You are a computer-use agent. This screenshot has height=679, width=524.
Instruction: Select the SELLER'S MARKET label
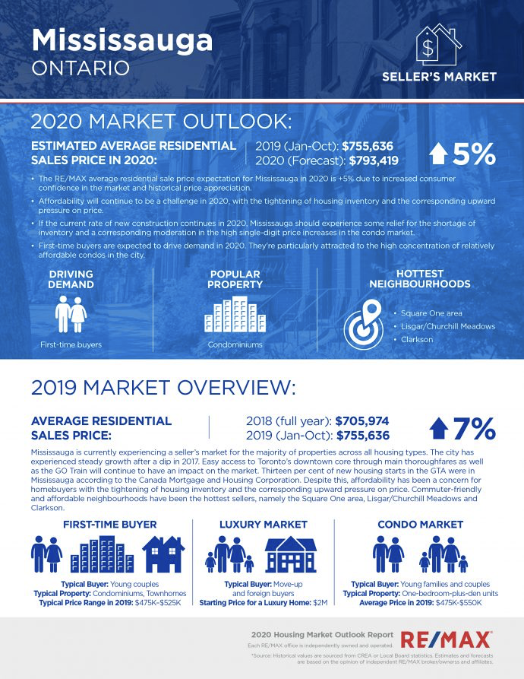tap(439, 77)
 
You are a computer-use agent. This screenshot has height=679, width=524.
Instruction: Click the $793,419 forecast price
tap(370, 160)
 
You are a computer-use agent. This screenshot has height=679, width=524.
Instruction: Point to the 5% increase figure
tap(473, 154)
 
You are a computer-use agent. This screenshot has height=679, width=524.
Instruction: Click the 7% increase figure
tap(474, 429)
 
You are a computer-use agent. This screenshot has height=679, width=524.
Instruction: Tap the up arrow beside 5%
tap(438, 154)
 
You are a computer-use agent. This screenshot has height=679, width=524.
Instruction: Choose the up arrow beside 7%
tap(438, 429)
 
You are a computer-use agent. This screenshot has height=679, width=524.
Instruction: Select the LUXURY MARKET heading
tap(263, 524)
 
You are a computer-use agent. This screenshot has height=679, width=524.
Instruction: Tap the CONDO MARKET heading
tap(420, 524)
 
